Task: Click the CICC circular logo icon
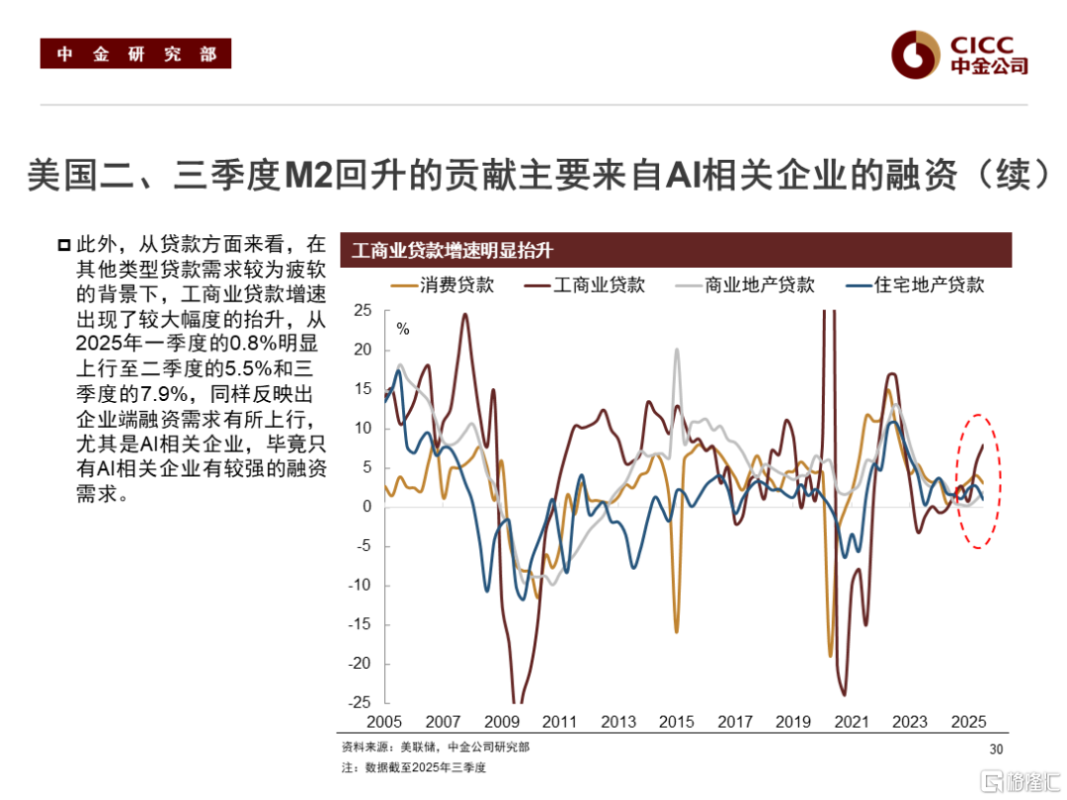click(915, 54)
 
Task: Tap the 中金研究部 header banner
click(135, 54)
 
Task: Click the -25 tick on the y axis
click(360, 702)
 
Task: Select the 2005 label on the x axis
click(385, 722)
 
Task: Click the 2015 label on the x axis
click(677, 722)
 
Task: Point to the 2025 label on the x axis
click(969, 722)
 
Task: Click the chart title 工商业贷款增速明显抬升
click(452, 251)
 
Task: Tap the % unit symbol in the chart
click(402, 329)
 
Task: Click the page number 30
click(995, 750)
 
